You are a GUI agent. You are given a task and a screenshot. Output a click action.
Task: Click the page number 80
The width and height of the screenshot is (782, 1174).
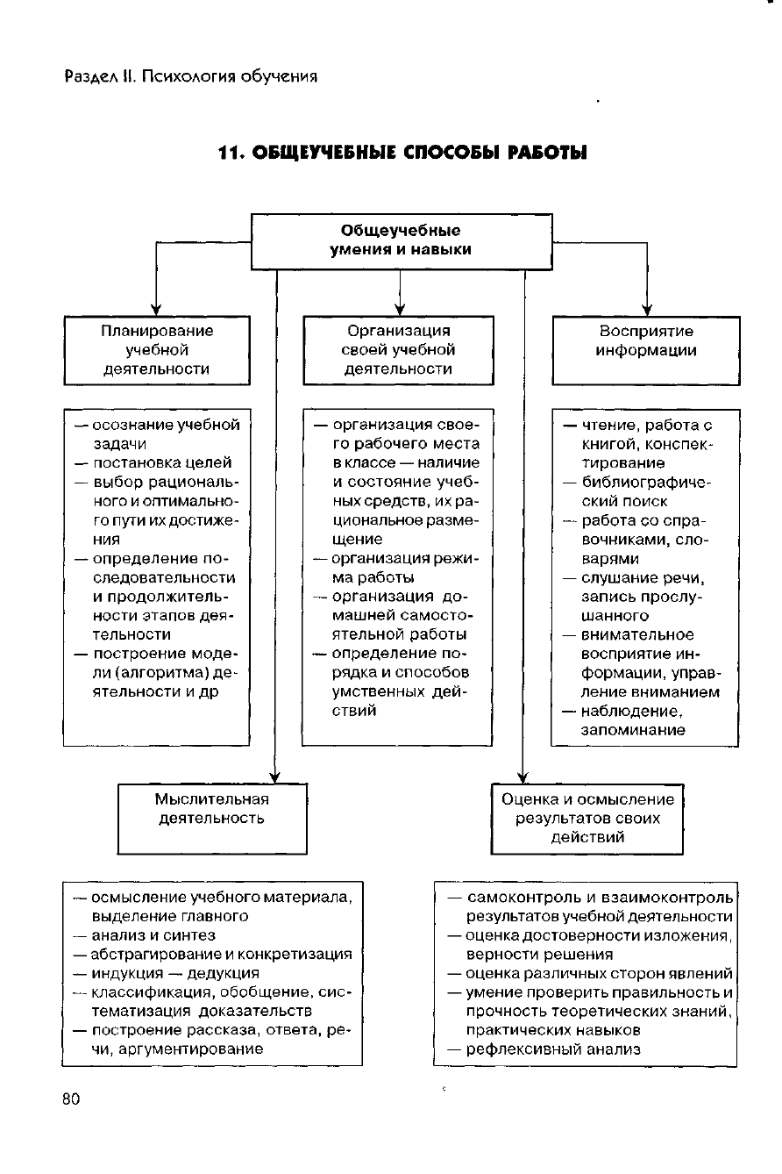72,1099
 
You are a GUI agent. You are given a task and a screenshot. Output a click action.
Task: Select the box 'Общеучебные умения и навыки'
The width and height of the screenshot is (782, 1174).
402,240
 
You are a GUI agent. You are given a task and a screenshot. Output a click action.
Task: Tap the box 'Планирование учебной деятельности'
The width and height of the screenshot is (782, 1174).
157,350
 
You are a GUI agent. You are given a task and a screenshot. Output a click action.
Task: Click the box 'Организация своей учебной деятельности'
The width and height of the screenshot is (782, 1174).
399,350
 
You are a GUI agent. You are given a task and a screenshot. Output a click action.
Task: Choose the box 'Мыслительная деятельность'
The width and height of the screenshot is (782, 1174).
212,819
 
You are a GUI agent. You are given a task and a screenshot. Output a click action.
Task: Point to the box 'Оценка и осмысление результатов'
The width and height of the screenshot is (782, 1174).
587,819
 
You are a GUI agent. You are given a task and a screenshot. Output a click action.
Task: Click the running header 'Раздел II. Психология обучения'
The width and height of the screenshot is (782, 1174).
190,76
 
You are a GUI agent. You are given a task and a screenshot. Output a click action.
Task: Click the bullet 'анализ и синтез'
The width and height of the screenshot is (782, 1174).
153,934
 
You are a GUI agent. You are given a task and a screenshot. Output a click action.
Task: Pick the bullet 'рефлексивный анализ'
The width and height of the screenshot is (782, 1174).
553,1049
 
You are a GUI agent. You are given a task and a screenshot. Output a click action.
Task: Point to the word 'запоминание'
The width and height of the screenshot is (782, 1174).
633,729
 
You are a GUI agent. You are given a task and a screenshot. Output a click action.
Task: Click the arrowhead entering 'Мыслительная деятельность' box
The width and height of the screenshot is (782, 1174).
275,777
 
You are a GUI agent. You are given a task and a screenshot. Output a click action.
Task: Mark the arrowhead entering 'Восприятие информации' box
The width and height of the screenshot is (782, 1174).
646,310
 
